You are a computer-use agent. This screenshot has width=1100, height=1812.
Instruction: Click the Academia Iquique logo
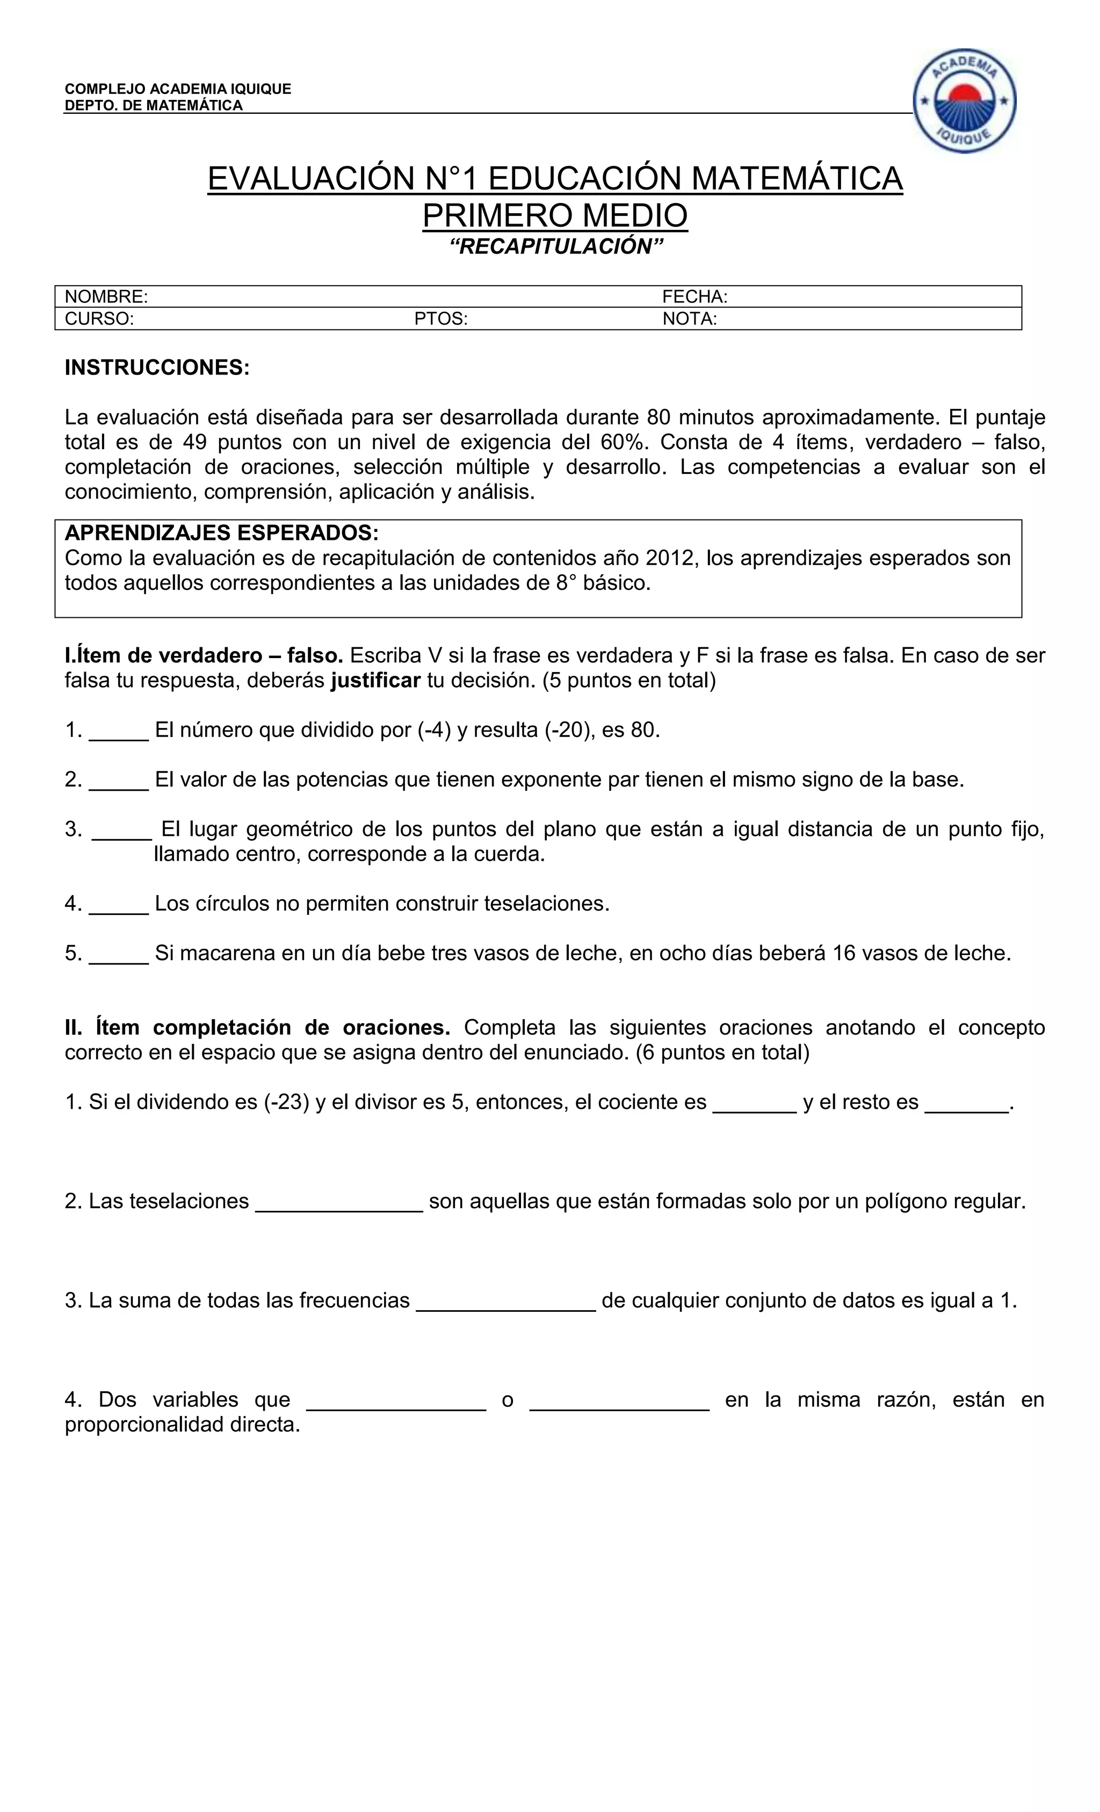click(x=964, y=102)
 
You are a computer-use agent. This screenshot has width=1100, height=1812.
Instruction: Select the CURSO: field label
click(x=99, y=319)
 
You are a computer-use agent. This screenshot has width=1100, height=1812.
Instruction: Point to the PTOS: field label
click(x=440, y=319)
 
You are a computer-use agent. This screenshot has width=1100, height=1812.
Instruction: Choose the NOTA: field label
click(x=689, y=319)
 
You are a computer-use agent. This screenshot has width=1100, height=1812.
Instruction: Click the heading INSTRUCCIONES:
click(x=157, y=367)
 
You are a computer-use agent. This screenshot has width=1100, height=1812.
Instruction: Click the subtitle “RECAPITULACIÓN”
click(x=556, y=247)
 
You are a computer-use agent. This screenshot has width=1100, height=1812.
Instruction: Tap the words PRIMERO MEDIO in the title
click(x=555, y=215)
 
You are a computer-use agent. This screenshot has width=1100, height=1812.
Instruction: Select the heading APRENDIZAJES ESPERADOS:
click(x=221, y=532)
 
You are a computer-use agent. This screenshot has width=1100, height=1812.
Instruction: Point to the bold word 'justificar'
click(x=375, y=680)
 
